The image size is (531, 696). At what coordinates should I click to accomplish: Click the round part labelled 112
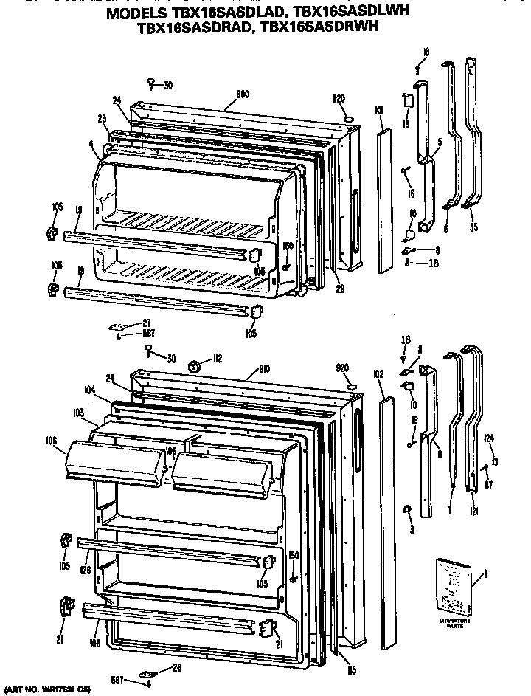197,365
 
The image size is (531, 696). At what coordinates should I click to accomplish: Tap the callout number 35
473,229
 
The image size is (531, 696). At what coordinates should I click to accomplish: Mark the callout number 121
473,511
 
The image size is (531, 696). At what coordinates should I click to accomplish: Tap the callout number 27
146,322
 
